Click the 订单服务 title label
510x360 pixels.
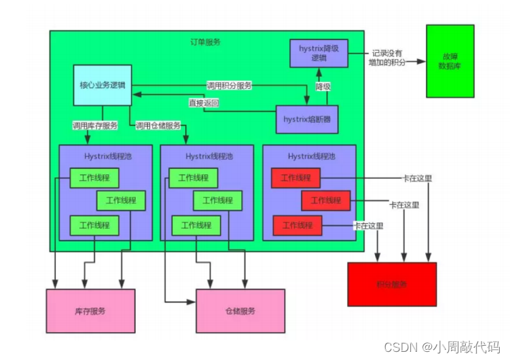pos(205,42)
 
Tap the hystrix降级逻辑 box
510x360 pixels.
pos(313,53)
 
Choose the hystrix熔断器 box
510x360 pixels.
pos(307,119)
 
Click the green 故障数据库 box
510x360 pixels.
pos(449,61)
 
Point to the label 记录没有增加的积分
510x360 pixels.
pos(387,58)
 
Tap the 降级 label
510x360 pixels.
pos(323,87)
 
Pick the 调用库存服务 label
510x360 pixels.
pos(95,125)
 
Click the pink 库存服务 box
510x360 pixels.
pos(90,311)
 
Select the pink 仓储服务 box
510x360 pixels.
pos(240,311)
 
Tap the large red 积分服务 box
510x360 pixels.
pos(391,284)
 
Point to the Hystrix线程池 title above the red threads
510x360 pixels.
pos(310,156)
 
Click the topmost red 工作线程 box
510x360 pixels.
pos(295,178)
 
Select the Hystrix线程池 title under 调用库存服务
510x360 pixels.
pos(106,156)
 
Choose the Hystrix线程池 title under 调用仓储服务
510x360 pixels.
pos(208,156)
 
